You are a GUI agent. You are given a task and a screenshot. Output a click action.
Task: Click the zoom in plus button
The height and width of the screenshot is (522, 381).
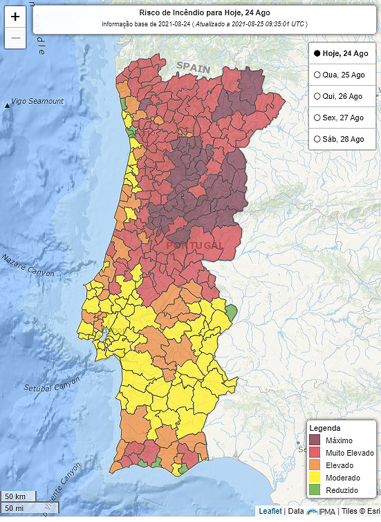(15, 17)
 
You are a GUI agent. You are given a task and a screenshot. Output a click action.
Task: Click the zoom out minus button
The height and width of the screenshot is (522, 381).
(15, 37)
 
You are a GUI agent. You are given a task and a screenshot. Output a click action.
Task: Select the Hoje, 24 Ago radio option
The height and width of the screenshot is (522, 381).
(317, 53)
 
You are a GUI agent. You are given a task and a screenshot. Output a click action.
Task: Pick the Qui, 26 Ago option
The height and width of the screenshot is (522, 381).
(317, 96)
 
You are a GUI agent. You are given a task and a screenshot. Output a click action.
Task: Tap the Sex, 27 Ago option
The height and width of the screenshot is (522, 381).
(317, 118)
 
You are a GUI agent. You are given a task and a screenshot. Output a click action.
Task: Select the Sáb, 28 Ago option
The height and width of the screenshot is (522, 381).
(317, 139)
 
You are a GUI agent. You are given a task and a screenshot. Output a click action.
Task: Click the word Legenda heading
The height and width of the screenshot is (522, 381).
(324, 428)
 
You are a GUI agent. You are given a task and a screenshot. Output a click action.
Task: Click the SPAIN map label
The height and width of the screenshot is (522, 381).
(193, 66)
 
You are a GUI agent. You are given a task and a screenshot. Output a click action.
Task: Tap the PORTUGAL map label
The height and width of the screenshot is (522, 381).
(194, 245)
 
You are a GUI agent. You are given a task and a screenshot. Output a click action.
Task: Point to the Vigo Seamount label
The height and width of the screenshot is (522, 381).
(37, 102)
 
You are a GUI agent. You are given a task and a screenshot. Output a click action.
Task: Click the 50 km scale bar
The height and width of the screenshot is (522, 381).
(16, 496)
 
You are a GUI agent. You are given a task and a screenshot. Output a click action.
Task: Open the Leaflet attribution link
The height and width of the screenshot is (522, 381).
(270, 511)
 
